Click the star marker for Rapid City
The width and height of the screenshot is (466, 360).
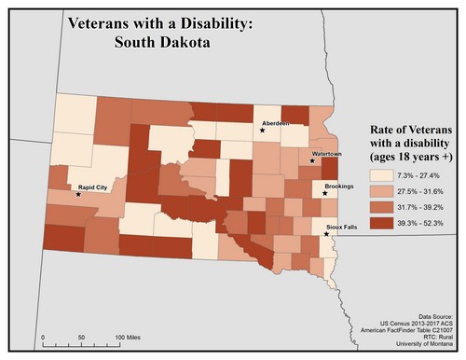[x=78, y=195]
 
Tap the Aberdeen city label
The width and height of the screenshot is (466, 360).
[x=278, y=123]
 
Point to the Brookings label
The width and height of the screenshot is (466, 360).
[x=338, y=187]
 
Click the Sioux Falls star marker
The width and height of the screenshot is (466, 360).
[x=325, y=234]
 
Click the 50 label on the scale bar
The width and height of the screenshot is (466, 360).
[x=81, y=336]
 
